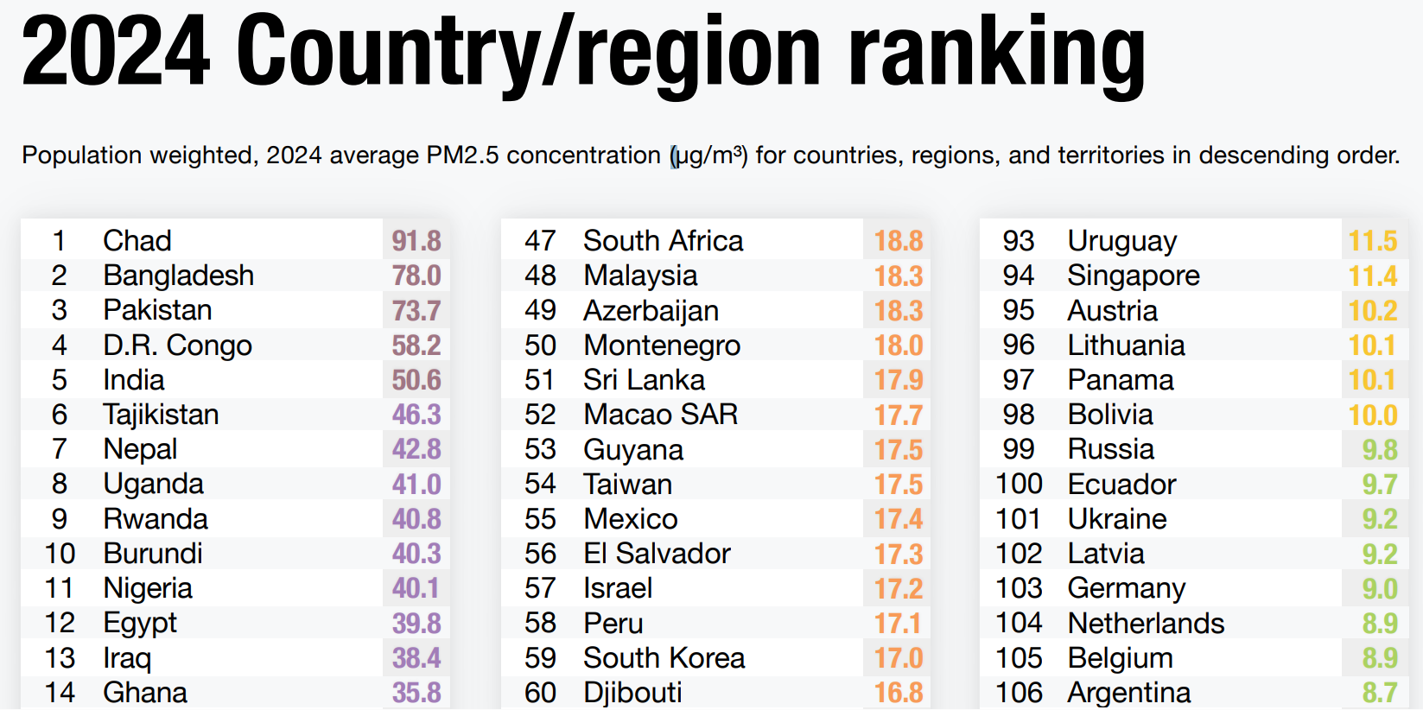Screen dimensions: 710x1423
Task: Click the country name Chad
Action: [137, 240]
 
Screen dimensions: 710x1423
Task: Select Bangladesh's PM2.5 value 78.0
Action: [416, 276]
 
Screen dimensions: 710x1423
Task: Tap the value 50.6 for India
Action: [416, 380]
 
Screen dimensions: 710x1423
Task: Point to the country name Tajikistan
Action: [161, 415]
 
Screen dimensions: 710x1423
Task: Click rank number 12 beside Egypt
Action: [60, 623]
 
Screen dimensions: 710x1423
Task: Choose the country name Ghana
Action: [145, 692]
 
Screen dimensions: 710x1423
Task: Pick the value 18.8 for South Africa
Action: [899, 240]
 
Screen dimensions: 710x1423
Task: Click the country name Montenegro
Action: [662, 345]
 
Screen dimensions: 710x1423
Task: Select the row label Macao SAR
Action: [661, 415]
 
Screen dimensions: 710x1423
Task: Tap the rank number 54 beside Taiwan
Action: [540, 484]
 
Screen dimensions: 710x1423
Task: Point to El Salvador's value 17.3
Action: [899, 554]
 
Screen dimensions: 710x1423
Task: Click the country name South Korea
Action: [664, 657]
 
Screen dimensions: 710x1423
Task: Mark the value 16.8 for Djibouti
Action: [899, 692]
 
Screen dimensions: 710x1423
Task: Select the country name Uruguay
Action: [1122, 240]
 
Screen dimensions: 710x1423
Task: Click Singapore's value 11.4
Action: [1373, 276]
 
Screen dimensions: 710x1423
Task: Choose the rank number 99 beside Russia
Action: [1019, 449]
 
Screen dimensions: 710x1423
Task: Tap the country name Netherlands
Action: [1146, 623]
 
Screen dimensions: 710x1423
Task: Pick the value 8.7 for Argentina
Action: [1380, 692]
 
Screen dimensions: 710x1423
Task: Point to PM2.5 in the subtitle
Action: [462, 155]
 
